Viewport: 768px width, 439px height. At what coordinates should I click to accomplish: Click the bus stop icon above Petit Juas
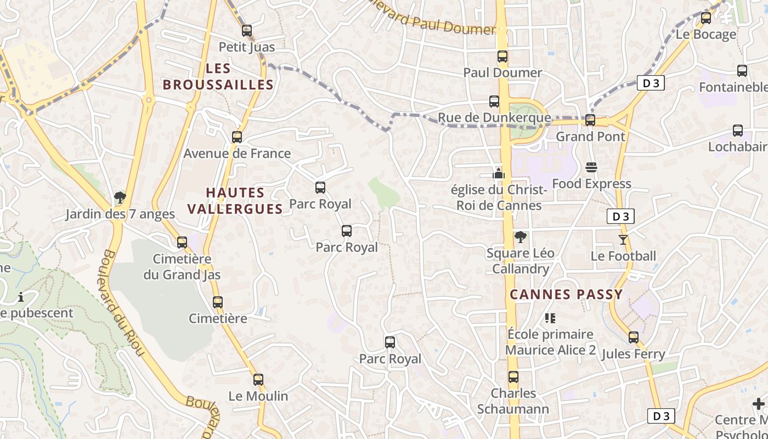247,31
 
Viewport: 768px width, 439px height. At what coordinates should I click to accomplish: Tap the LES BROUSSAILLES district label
218,77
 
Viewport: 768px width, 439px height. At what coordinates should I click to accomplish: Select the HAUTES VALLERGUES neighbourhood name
235,201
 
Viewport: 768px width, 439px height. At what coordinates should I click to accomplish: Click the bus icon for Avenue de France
237,137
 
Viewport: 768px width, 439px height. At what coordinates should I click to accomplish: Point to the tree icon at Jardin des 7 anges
120,198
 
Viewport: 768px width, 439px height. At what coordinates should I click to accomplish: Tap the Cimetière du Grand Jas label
182,267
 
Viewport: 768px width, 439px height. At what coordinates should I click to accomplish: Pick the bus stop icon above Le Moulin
258,380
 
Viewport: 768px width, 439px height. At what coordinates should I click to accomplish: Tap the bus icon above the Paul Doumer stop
502,57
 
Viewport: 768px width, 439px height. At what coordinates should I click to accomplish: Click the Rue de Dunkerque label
494,118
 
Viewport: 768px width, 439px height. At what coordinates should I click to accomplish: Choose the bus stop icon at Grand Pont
590,120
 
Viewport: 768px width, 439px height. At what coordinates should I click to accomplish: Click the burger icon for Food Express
591,167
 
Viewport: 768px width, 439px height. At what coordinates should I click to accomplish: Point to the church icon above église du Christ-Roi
498,173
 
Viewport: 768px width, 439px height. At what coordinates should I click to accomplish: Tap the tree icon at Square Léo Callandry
520,237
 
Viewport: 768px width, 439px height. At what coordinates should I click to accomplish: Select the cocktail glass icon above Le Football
623,239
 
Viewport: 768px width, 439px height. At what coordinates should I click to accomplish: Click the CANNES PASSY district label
566,295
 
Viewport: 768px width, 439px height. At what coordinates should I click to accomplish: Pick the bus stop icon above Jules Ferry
634,337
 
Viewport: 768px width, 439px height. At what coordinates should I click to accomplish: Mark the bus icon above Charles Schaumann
513,377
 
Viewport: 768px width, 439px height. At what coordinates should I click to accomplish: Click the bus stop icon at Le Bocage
706,18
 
